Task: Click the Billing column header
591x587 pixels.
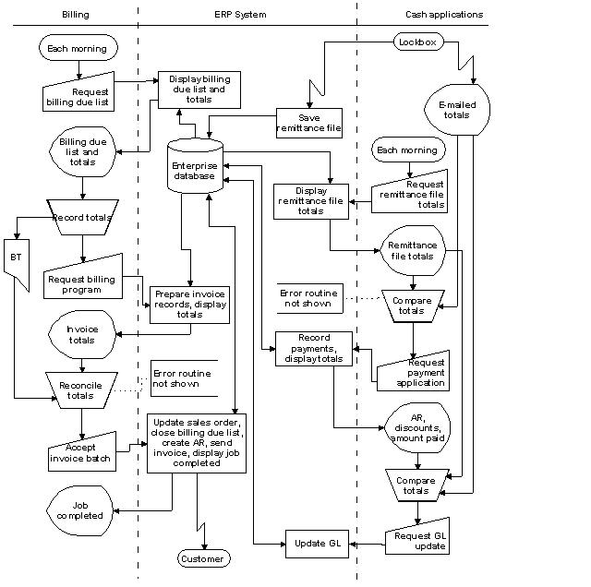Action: click(x=75, y=15)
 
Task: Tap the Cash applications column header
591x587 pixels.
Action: click(x=443, y=15)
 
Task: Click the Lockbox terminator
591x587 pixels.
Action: click(x=420, y=42)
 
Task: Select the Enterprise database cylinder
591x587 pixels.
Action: click(x=194, y=166)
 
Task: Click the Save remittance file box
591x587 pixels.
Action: click(x=309, y=124)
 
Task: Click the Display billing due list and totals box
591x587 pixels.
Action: click(x=199, y=90)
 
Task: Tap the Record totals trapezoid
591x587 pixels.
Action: click(x=82, y=218)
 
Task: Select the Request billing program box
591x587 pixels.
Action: click(x=82, y=279)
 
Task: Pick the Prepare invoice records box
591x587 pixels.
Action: click(x=188, y=304)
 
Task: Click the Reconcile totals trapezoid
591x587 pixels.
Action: click(x=80, y=389)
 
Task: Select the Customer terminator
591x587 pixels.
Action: click(x=202, y=558)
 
